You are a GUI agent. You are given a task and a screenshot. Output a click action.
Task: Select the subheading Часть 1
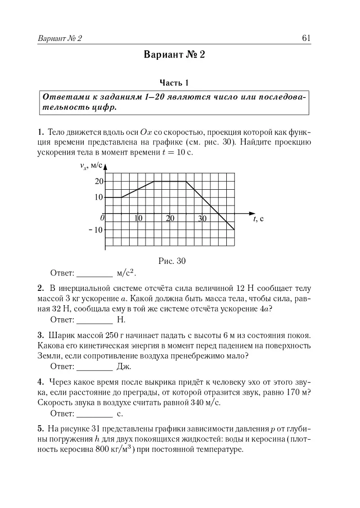click(174, 83)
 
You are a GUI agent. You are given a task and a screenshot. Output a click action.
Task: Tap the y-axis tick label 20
click(99, 181)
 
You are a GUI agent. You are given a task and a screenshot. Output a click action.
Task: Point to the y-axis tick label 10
click(99, 197)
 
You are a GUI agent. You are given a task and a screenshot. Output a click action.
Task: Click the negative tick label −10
click(96, 230)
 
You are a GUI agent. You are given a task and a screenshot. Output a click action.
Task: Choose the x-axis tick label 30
click(202, 219)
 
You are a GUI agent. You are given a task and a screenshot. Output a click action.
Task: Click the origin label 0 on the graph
click(102, 218)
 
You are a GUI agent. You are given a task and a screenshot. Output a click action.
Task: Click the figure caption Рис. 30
click(172, 261)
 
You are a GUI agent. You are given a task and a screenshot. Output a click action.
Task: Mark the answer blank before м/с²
click(94, 274)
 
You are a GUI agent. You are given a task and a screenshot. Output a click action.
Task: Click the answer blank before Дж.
click(94, 367)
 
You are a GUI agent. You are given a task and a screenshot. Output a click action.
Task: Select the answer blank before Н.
click(94, 321)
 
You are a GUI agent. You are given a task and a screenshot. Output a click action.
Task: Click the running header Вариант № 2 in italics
click(60, 39)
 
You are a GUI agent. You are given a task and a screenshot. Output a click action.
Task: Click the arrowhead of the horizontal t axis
click(251, 213)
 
